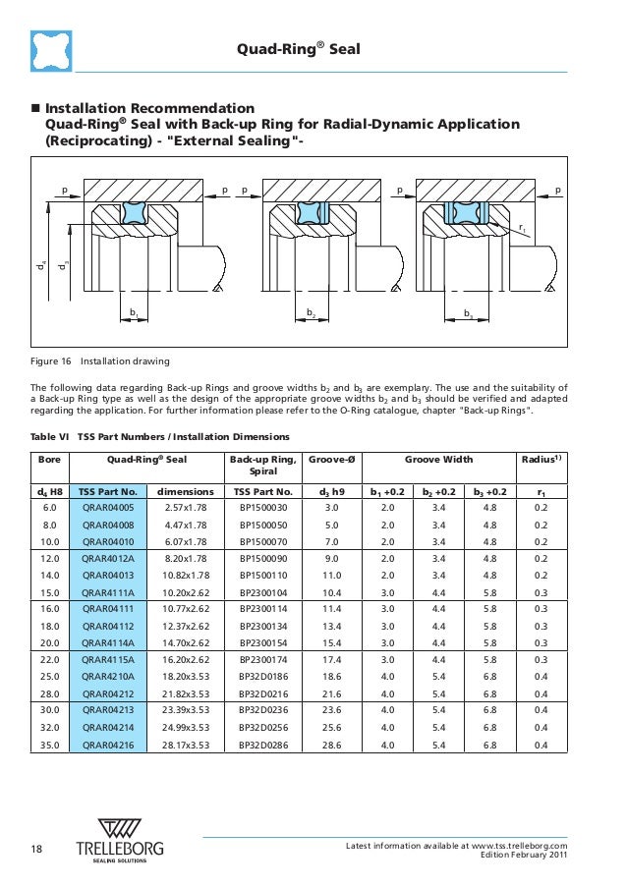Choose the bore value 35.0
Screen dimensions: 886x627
(48, 745)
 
